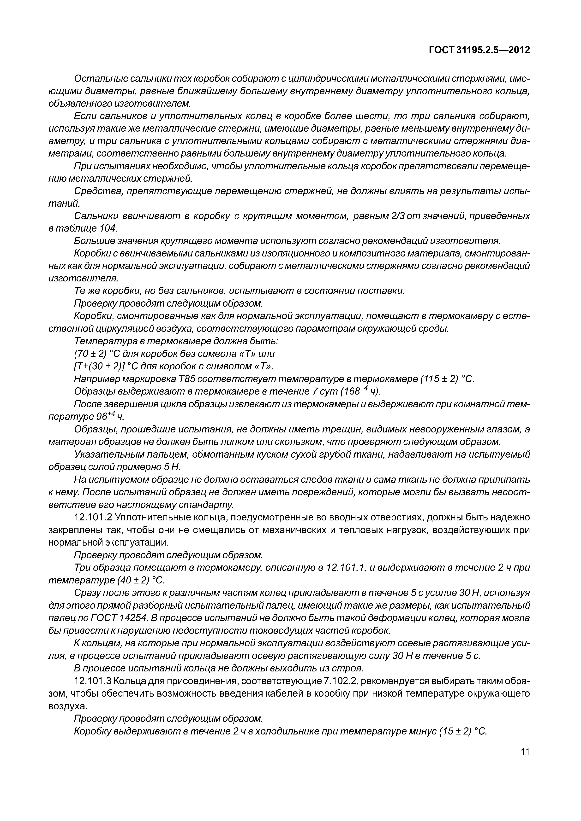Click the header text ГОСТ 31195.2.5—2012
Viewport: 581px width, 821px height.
[x=479, y=50]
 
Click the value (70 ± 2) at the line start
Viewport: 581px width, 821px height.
[x=90, y=354]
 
